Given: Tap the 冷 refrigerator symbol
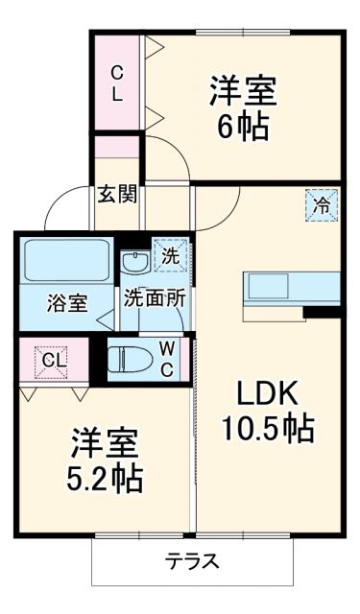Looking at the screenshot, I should [x=323, y=203].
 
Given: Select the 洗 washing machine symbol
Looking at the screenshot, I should [x=170, y=257].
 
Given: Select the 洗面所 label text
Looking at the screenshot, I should [x=154, y=297].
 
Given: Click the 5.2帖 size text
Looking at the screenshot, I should [x=104, y=477].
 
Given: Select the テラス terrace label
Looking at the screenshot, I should [x=191, y=561].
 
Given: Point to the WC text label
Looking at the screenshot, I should [x=166, y=358].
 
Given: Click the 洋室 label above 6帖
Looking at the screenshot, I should [x=243, y=90].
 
